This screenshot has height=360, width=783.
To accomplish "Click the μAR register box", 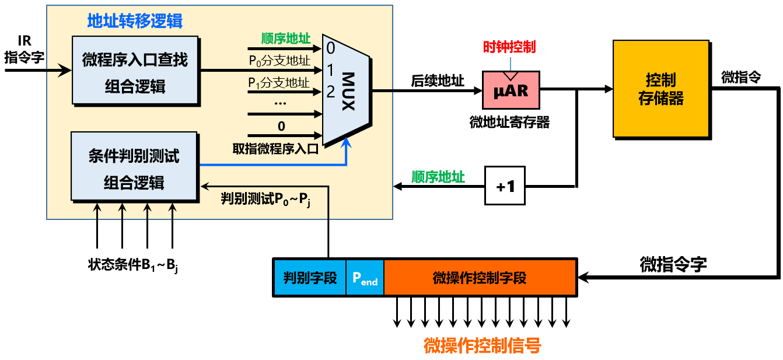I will coord(511,90).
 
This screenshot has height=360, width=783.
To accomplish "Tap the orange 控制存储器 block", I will coord(661,89).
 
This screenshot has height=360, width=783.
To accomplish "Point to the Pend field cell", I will coord(365,278).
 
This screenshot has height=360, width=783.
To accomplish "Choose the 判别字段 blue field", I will coord(310,278).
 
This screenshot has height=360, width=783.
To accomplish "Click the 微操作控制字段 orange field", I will coord(480,278).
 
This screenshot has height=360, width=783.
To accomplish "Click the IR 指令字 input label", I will coord(24,50).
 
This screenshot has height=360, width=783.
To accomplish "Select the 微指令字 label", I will coord(673,264).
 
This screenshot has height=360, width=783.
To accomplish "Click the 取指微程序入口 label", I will coord(275,148).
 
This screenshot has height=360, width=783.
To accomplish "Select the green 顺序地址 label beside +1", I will coord(438,177).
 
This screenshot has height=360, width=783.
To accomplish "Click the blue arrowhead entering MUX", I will coord(347,141).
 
